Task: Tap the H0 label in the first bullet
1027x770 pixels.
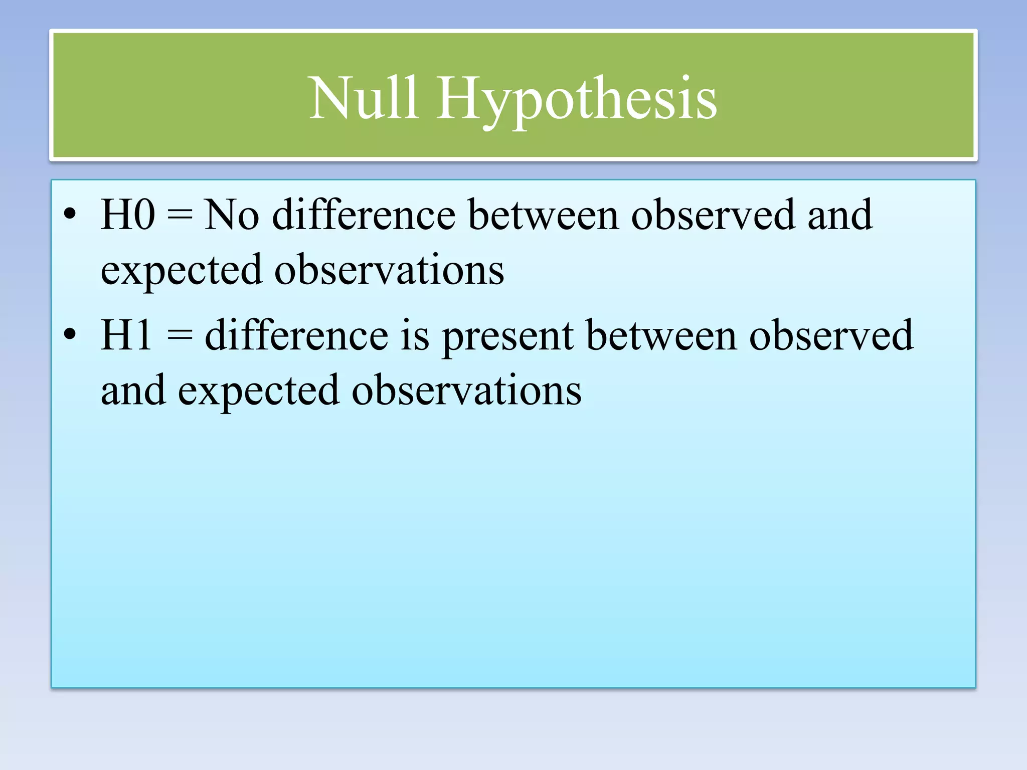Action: tap(127, 215)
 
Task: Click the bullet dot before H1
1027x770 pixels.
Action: tap(70, 335)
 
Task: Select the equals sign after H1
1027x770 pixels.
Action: tap(179, 335)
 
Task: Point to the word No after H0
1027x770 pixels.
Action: tap(232, 215)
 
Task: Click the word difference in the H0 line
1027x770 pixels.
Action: tap(364, 215)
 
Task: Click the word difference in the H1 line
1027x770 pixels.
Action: tap(296, 335)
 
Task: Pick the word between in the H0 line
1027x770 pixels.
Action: tap(543, 215)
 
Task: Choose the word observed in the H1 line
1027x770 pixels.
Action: tap(831, 335)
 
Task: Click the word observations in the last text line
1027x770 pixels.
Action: tap(466, 390)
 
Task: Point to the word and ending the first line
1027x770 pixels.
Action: tap(840, 215)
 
